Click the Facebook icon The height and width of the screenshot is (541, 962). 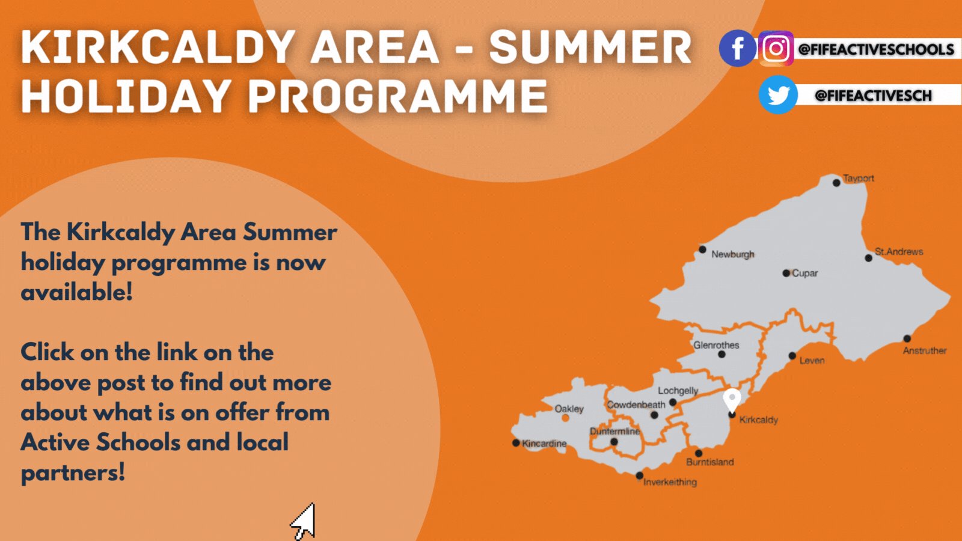[737, 48]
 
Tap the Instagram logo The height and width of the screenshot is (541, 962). [776, 48]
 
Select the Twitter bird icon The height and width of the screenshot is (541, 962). [778, 95]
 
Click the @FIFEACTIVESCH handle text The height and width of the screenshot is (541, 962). [873, 96]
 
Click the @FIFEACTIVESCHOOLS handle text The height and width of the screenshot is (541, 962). [876, 49]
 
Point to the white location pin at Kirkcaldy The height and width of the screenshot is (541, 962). [732, 399]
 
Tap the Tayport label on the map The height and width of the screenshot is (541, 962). [858, 179]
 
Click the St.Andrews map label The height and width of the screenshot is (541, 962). [899, 252]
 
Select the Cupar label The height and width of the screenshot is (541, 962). [804, 273]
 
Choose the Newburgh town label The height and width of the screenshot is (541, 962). [732, 254]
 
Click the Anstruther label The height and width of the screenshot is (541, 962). [924, 350]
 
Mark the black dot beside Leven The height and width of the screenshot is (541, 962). [792, 356]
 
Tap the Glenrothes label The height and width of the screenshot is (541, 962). [716, 345]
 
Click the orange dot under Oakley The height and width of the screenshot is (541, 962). [565, 418]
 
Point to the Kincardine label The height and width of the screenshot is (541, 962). [544, 444]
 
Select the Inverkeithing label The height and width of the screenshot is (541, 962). [670, 482]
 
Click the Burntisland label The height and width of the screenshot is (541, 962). [709, 462]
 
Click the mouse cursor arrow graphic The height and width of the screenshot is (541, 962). [304, 521]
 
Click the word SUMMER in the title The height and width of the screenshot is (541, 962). [590, 48]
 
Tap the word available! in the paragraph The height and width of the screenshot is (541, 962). [76, 293]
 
